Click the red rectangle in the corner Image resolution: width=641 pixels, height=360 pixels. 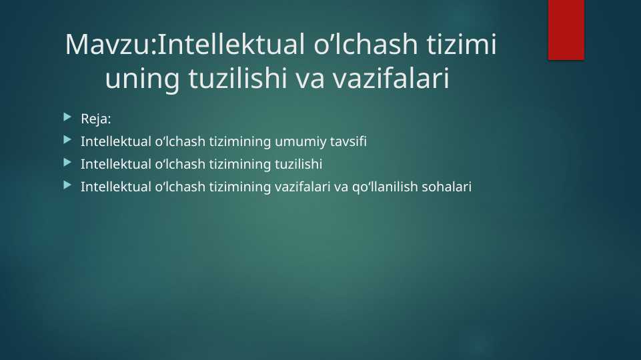click(566, 30)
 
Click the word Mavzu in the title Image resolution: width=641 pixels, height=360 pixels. click(108, 44)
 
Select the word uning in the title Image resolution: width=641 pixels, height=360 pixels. click(142, 79)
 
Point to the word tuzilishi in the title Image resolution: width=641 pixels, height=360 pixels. click(237, 78)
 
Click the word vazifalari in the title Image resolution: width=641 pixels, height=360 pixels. click(392, 78)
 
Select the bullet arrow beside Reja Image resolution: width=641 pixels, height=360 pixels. click(67, 118)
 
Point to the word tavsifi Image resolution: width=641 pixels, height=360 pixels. click(348, 141)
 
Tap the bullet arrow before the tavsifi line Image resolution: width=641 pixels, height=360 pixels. click(67, 140)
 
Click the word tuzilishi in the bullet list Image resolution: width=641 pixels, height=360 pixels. click(298, 164)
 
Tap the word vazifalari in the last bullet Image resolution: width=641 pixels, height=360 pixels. click(302, 187)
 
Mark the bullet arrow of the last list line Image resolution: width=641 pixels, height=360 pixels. click(67, 185)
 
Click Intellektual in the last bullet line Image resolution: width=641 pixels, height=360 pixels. click(115, 187)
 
